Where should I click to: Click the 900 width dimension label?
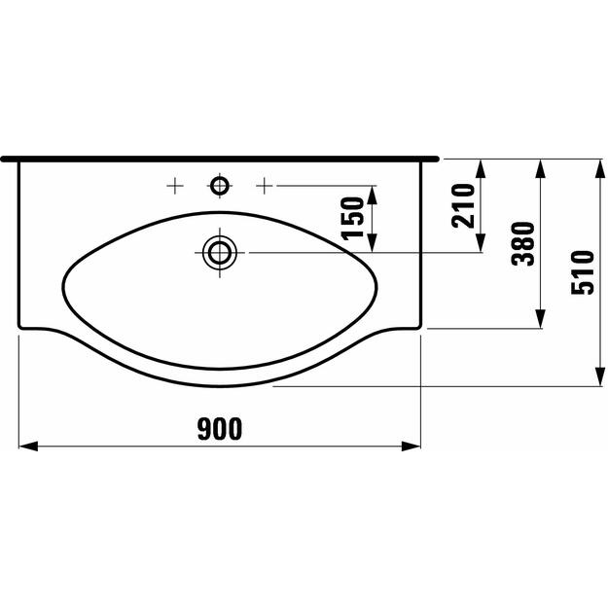[220, 429]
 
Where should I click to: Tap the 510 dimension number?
[583, 272]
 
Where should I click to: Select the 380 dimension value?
[522, 243]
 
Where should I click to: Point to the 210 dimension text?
[463, 205]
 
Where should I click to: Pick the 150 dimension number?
[352, 219]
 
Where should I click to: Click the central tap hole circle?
[220, 186]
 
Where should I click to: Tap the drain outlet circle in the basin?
[220, 253]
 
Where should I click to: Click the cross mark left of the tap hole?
[175, 186]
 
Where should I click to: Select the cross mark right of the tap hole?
[264, 186]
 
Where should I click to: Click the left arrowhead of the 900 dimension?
[28, 447]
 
